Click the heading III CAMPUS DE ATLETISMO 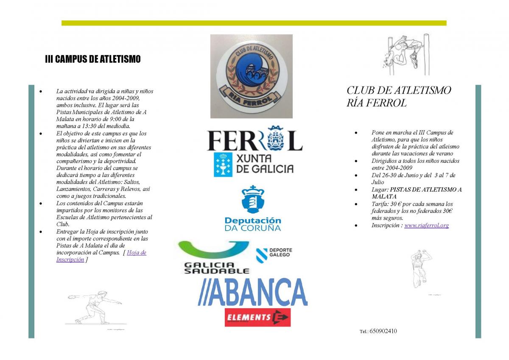92,59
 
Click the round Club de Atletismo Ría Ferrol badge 251,75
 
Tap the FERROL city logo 255,139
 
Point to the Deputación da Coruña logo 253,208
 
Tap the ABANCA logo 253,292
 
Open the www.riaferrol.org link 426,226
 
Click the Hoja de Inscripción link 137,253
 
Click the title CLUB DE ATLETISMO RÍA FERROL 399,96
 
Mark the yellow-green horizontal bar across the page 254,23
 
